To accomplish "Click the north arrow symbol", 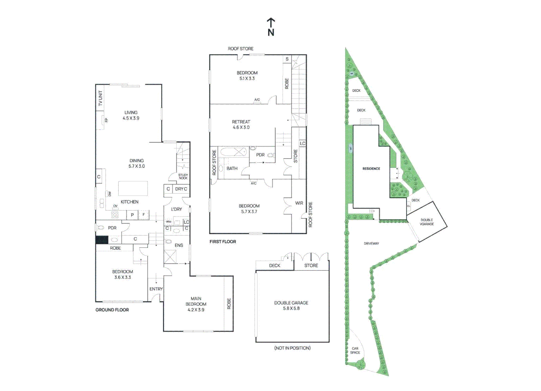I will coord(271,27).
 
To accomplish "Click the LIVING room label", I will coord(131,115).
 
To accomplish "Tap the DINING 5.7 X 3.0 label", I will coord(137,163).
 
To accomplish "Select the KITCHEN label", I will coord(129,202).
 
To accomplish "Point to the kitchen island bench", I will coord(133,188).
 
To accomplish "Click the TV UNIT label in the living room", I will coord(100,98).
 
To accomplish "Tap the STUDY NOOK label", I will coord(183,176).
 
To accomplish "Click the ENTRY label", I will coord(156,289).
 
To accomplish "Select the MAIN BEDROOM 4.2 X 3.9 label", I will coord(196,304).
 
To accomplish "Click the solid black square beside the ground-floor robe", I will coord(102,240).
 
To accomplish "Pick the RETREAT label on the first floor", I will coord(241,125).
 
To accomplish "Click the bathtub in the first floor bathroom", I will coord(234,152).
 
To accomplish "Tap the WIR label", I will coord(299,203).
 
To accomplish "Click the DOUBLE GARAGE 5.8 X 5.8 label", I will coord(291,306).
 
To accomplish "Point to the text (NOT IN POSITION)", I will coord(292,348).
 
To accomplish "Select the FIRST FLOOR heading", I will coord(223,241).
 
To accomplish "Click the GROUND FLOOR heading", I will coord(112,310).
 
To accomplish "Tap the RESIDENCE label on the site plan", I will coord(371,169).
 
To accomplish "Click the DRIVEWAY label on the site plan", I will coord(371,244).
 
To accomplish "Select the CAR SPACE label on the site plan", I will coord(355,350).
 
